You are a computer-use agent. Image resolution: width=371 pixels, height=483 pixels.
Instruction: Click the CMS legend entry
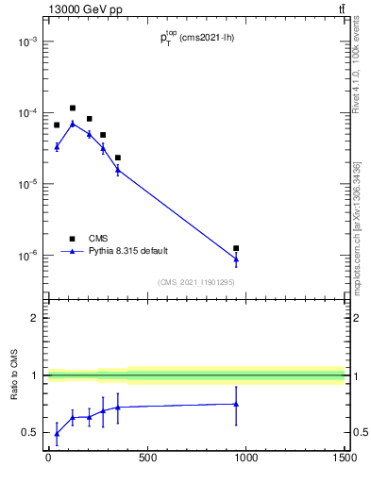pos(99,239)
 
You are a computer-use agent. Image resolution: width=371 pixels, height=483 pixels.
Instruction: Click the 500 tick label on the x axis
pos(147,459)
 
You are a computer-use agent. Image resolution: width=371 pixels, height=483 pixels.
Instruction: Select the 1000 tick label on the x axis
pos(245,459)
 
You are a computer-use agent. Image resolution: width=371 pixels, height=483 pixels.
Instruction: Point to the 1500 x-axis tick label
pos(344,459)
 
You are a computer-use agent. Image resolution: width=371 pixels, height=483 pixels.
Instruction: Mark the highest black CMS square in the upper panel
pos(73,108)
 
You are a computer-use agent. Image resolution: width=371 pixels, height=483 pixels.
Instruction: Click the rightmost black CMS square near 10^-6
pos(236,248)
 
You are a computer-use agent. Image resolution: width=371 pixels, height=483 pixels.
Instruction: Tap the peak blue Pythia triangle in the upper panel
pos(73,124)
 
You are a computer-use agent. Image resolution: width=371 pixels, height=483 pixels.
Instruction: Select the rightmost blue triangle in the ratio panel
pos(236,404)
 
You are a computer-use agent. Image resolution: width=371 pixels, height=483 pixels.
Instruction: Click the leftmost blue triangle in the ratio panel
pos(57,434)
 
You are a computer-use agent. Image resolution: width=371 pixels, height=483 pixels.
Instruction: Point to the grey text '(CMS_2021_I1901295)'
pos(195,282)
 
